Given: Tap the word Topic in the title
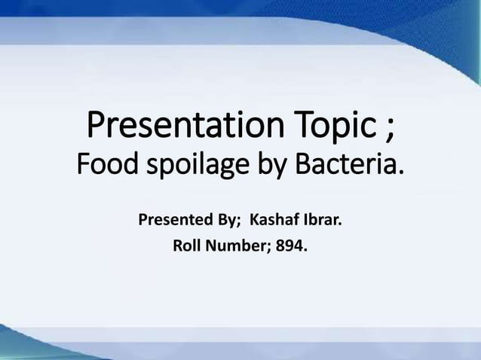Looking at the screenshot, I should click(336, 127).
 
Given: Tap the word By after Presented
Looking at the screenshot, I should click(227, 222).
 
